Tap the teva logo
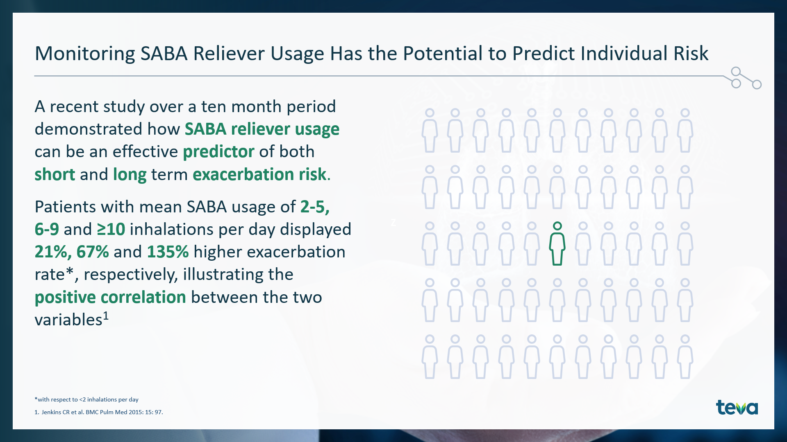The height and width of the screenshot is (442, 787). click(737, 407)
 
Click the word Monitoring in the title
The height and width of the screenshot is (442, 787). click(85, 54)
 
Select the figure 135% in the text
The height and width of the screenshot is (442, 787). click(168, 252)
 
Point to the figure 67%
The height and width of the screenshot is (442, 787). click(92, 252)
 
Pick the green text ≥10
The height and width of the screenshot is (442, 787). click(111, 230)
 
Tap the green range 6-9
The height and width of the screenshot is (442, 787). click(47, 230)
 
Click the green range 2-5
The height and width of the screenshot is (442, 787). click(315, 207)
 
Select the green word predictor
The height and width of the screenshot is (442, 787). click(218, 152)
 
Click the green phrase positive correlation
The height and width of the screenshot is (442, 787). click(110, 298)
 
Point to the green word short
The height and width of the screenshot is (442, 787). click(55, 175)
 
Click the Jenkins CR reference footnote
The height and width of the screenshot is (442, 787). click(99, 412)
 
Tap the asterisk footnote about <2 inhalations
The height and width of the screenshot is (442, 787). click(86, 399)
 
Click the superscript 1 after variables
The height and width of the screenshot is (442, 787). click(106, 316)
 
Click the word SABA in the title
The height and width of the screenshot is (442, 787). click(164, 54)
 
